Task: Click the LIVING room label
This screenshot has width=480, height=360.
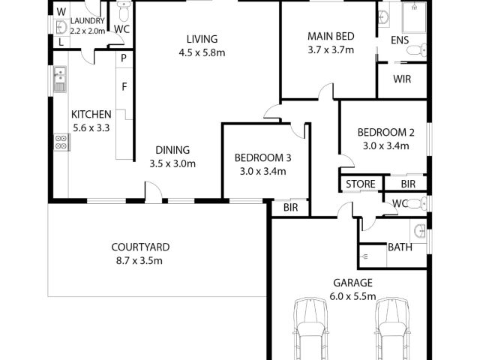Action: coord(202,39)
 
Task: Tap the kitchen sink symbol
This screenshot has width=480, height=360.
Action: coord(60,79)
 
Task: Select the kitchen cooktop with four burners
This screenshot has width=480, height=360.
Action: coord(62,142)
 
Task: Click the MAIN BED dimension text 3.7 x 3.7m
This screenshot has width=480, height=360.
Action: coord(331,50)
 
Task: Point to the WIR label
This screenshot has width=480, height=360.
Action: coord(402,79)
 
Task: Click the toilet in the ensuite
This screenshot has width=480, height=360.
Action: coord(417,50)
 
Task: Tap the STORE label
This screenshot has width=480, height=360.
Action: coord(361,184)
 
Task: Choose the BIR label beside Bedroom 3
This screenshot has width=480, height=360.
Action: coord(290,208)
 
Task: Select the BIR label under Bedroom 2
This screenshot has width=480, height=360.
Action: coord(408,184)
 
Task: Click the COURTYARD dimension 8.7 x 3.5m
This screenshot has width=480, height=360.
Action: coord(139,261)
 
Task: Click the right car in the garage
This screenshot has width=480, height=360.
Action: coord(392,329)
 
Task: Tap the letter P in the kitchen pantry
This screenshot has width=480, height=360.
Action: coord(124,58)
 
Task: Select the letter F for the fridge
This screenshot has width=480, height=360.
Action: coord(124,87)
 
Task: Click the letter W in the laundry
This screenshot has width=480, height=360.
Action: coord(61,12)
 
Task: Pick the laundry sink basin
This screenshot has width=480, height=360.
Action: coord(61,28)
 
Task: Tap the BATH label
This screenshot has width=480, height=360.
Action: coord(400,247)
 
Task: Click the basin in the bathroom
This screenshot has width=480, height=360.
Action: coord(418,231)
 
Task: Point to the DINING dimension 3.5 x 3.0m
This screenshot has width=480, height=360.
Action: coord(172,163)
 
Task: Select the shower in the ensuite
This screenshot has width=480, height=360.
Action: coord(414,17)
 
